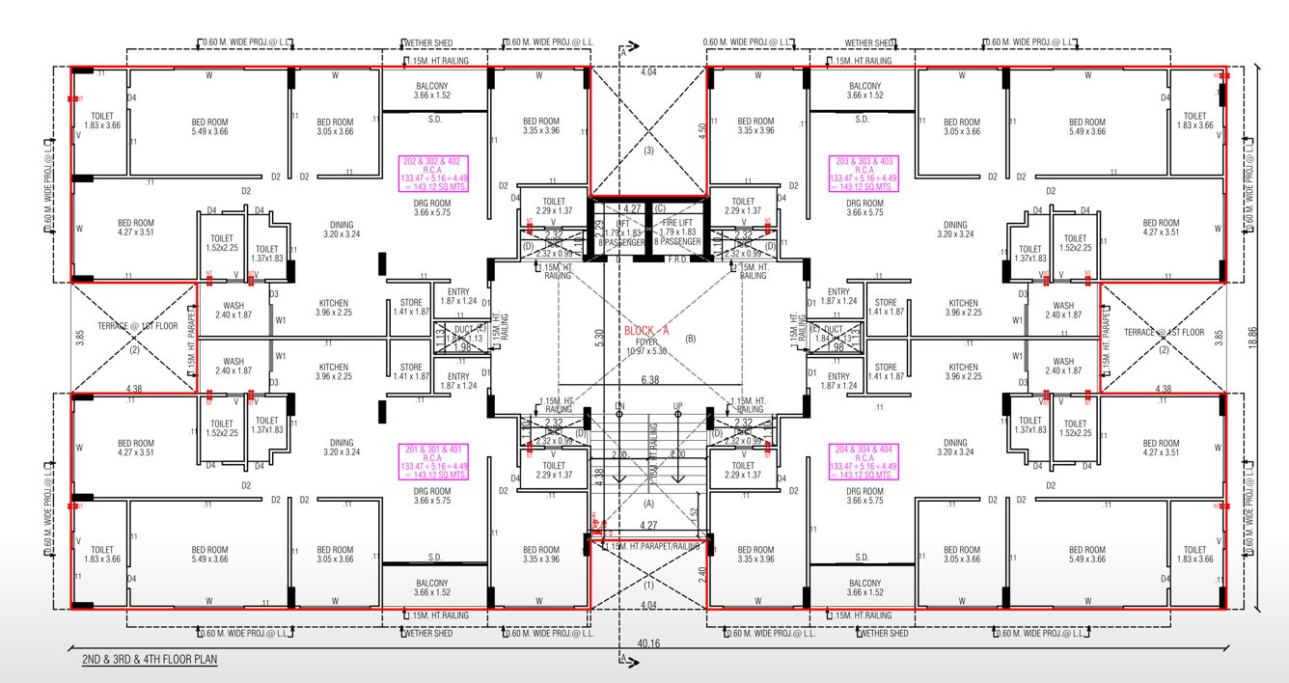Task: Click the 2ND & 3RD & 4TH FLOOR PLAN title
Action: pyautogui.click(x=150, y=660)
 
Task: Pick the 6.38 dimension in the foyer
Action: pyautogui.click(x=648, y=380)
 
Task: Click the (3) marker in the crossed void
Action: pyautogui.click(x=648, y=150)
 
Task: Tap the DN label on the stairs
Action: pyautogui.click(x=619, y=405)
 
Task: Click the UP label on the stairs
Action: pyautogui.click(x=677, y=405)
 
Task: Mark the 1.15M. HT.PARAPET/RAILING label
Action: pyautogui.click(x=651, y=548)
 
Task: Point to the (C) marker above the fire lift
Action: pyautogui.click(x=661, y=208)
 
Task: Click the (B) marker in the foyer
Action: pyautogui.click(x=689, y=340)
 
